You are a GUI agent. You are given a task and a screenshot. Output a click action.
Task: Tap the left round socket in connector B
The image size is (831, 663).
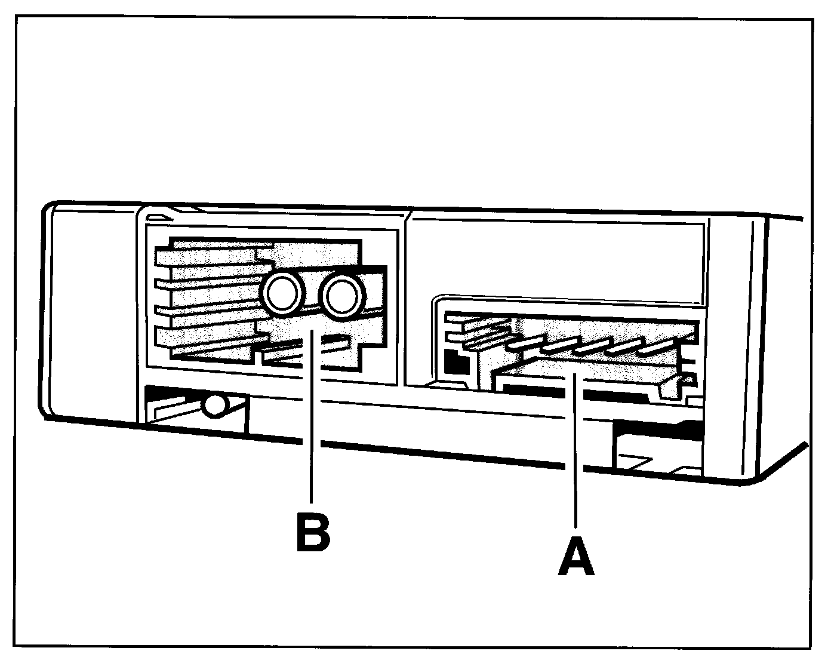click(x=282, y=293)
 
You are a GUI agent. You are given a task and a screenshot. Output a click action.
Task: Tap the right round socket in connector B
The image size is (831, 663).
click(x=341, y=294)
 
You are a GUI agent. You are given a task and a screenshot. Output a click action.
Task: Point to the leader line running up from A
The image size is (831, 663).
click(x=575, y=454)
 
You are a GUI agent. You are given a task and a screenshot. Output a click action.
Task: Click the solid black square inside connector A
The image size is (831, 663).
click(x=456, y=361)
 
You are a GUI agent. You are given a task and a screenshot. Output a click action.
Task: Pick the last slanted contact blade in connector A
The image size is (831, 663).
click(x=657, y=347)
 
